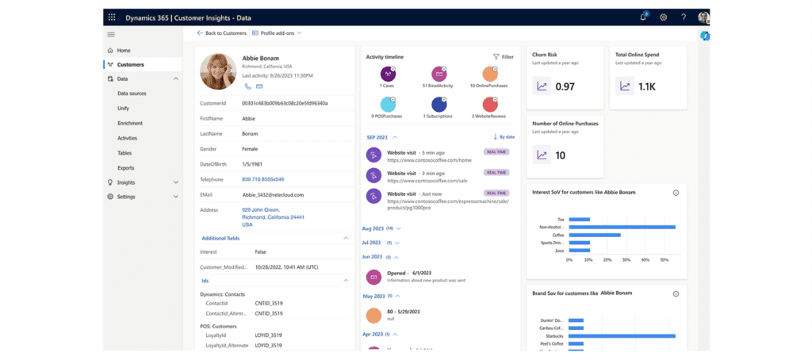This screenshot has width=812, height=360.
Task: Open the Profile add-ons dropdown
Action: pyautogui.click(x=276, y=33)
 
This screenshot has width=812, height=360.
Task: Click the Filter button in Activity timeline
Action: pyautogui.click(x=503, y=57)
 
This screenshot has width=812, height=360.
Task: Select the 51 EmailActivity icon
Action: pyautogui.click(x=437, y=74)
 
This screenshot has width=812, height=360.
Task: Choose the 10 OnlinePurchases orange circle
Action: pyautogui.click(x=489, y=74)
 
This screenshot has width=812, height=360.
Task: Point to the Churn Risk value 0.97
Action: pyautogui.click(x=565, y=86)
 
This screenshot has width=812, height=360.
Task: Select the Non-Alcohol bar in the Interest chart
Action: pyautogui.click(x=619, y=227)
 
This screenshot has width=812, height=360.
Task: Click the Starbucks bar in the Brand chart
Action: pyautogui.click(x=621, y=335)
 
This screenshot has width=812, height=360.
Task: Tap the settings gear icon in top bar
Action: pyautogui.click(x=663, y=17)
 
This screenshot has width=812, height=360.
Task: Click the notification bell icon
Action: pyautogui.click(x=643, y=17)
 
